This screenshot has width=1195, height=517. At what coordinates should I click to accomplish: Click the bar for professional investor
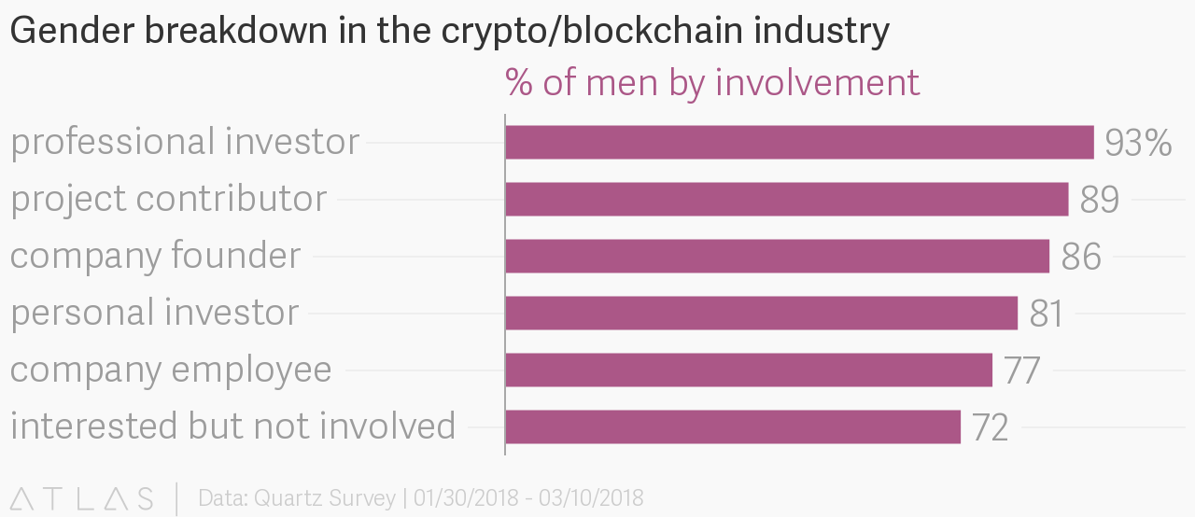[x=799, y=143]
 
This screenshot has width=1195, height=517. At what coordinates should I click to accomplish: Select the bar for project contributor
[x=786, y=200]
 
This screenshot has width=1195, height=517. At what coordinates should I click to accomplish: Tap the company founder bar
[x=777, y=257]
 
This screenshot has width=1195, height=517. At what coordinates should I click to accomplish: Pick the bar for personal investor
[x=761, y=313]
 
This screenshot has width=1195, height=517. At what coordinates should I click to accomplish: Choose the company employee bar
[x=748, y=370]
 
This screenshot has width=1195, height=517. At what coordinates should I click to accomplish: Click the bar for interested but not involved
[x=733, y=426]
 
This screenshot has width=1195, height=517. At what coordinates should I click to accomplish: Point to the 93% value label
[x=1137, y=143]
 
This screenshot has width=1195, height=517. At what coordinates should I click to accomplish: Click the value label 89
[x=1099, y=200]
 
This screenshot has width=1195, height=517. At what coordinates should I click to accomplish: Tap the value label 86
[x=1081, y=257]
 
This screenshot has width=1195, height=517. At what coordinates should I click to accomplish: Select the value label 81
[x=1046, y=314]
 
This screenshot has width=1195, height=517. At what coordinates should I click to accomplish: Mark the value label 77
[x=1021, y=370]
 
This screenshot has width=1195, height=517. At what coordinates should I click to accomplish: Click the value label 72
[x=990, y=427]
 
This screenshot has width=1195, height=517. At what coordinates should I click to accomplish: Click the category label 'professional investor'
[x=185, y=143]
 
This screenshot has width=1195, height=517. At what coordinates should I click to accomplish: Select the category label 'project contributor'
[x=169, y=200]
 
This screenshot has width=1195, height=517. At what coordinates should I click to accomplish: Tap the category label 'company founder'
[x=156, y=256]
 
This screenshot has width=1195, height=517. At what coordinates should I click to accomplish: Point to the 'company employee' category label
[x=171, y=370]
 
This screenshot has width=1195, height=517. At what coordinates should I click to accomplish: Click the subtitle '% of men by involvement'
[x=712, y=82]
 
